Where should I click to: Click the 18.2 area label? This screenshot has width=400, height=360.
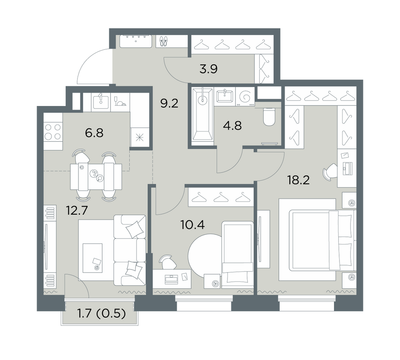[x=298, y=180]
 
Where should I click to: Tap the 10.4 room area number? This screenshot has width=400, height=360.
[x=192, y=225]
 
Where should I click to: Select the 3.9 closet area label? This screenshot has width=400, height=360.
[x=208, y=69]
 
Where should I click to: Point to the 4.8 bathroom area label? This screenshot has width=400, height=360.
[x=232, y=126]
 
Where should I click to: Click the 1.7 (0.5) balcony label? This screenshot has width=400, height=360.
[x=101, y=313]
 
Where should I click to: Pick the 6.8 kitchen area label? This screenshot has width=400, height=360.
[x=94, y=133]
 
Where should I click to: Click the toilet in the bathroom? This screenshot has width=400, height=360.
[x=270, y=117]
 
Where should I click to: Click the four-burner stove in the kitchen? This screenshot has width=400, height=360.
[x=53, y=132]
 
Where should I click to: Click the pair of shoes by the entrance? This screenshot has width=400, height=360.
[x=163, y=41]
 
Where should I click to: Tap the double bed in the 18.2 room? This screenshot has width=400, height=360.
[x=322, y=240]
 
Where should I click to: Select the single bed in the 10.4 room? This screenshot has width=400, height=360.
[x=238, y=255]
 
